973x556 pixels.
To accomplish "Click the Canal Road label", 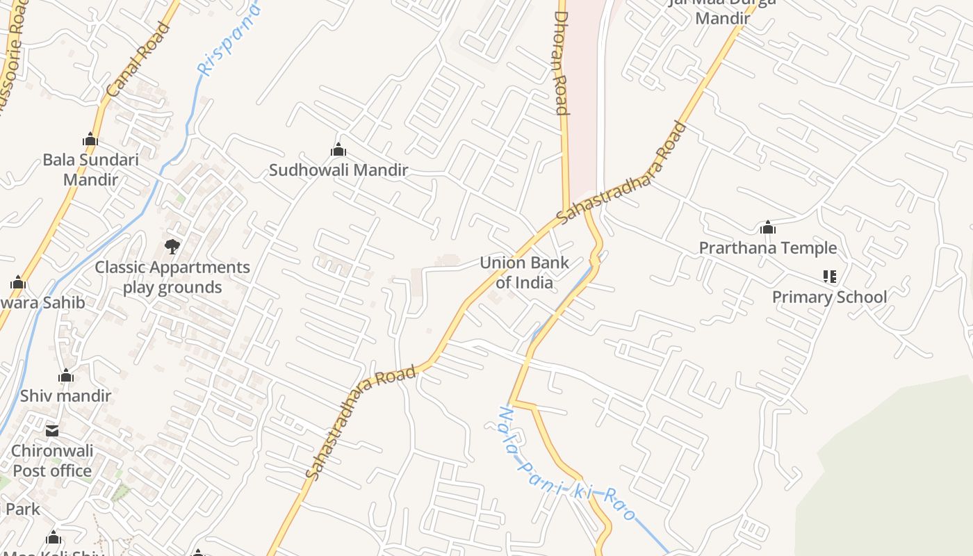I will coord(138,60).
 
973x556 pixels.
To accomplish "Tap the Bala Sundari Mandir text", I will coord(90,170).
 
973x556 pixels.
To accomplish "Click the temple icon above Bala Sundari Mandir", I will coord(90,140).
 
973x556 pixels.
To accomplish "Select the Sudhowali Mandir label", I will coord(338,170).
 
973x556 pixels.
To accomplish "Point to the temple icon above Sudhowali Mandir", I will coord(338,149).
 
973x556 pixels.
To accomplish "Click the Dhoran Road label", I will coord(562,63).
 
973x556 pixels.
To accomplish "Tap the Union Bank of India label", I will coord(525,272).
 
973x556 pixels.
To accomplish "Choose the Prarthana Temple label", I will coord(768,248).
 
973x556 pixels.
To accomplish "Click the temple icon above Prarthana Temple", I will coord(768,227).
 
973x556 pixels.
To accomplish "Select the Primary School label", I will coord(829,297).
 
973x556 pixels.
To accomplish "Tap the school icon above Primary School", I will coord(829,277).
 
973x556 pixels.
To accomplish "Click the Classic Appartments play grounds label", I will coord(172,277).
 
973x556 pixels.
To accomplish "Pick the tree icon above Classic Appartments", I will coord(172,246).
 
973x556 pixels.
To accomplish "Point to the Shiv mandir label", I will coord(65,396).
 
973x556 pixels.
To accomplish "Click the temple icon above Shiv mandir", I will coord(66,376).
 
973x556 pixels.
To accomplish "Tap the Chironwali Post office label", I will coord(52,461).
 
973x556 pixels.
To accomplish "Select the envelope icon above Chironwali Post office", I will coord(52,431).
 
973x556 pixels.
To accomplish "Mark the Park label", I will coord(22,509).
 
